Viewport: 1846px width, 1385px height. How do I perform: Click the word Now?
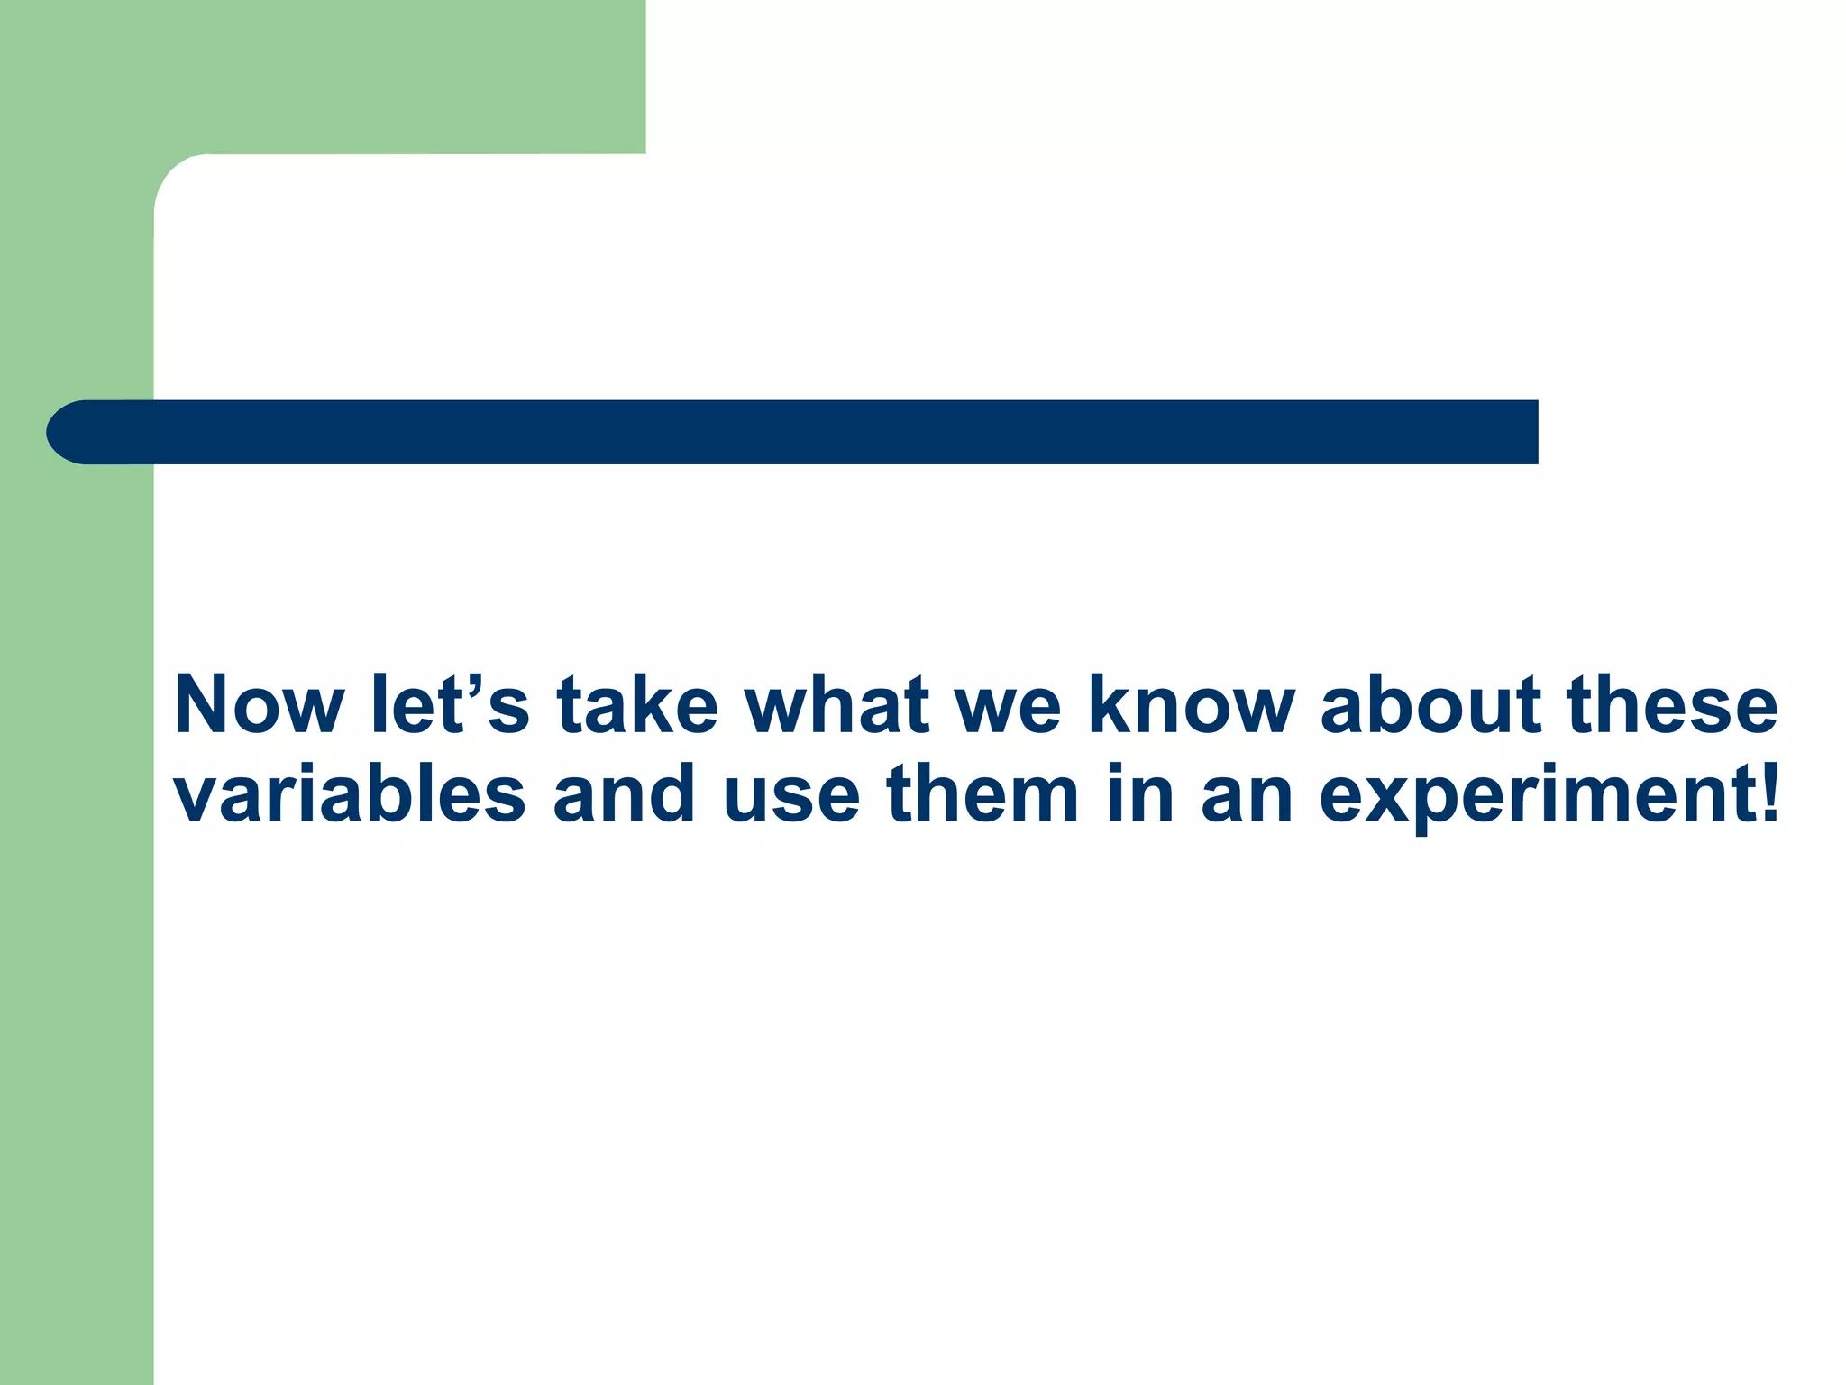(x=260, y=705)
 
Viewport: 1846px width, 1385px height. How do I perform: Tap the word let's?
(x=450, y=705)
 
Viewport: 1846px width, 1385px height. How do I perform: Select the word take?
(x=636, y=705)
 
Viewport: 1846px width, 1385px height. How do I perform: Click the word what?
(x=836, y=705)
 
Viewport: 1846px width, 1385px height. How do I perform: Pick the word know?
(x=1192, y=705)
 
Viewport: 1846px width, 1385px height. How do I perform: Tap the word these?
(x=1673, y=705)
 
